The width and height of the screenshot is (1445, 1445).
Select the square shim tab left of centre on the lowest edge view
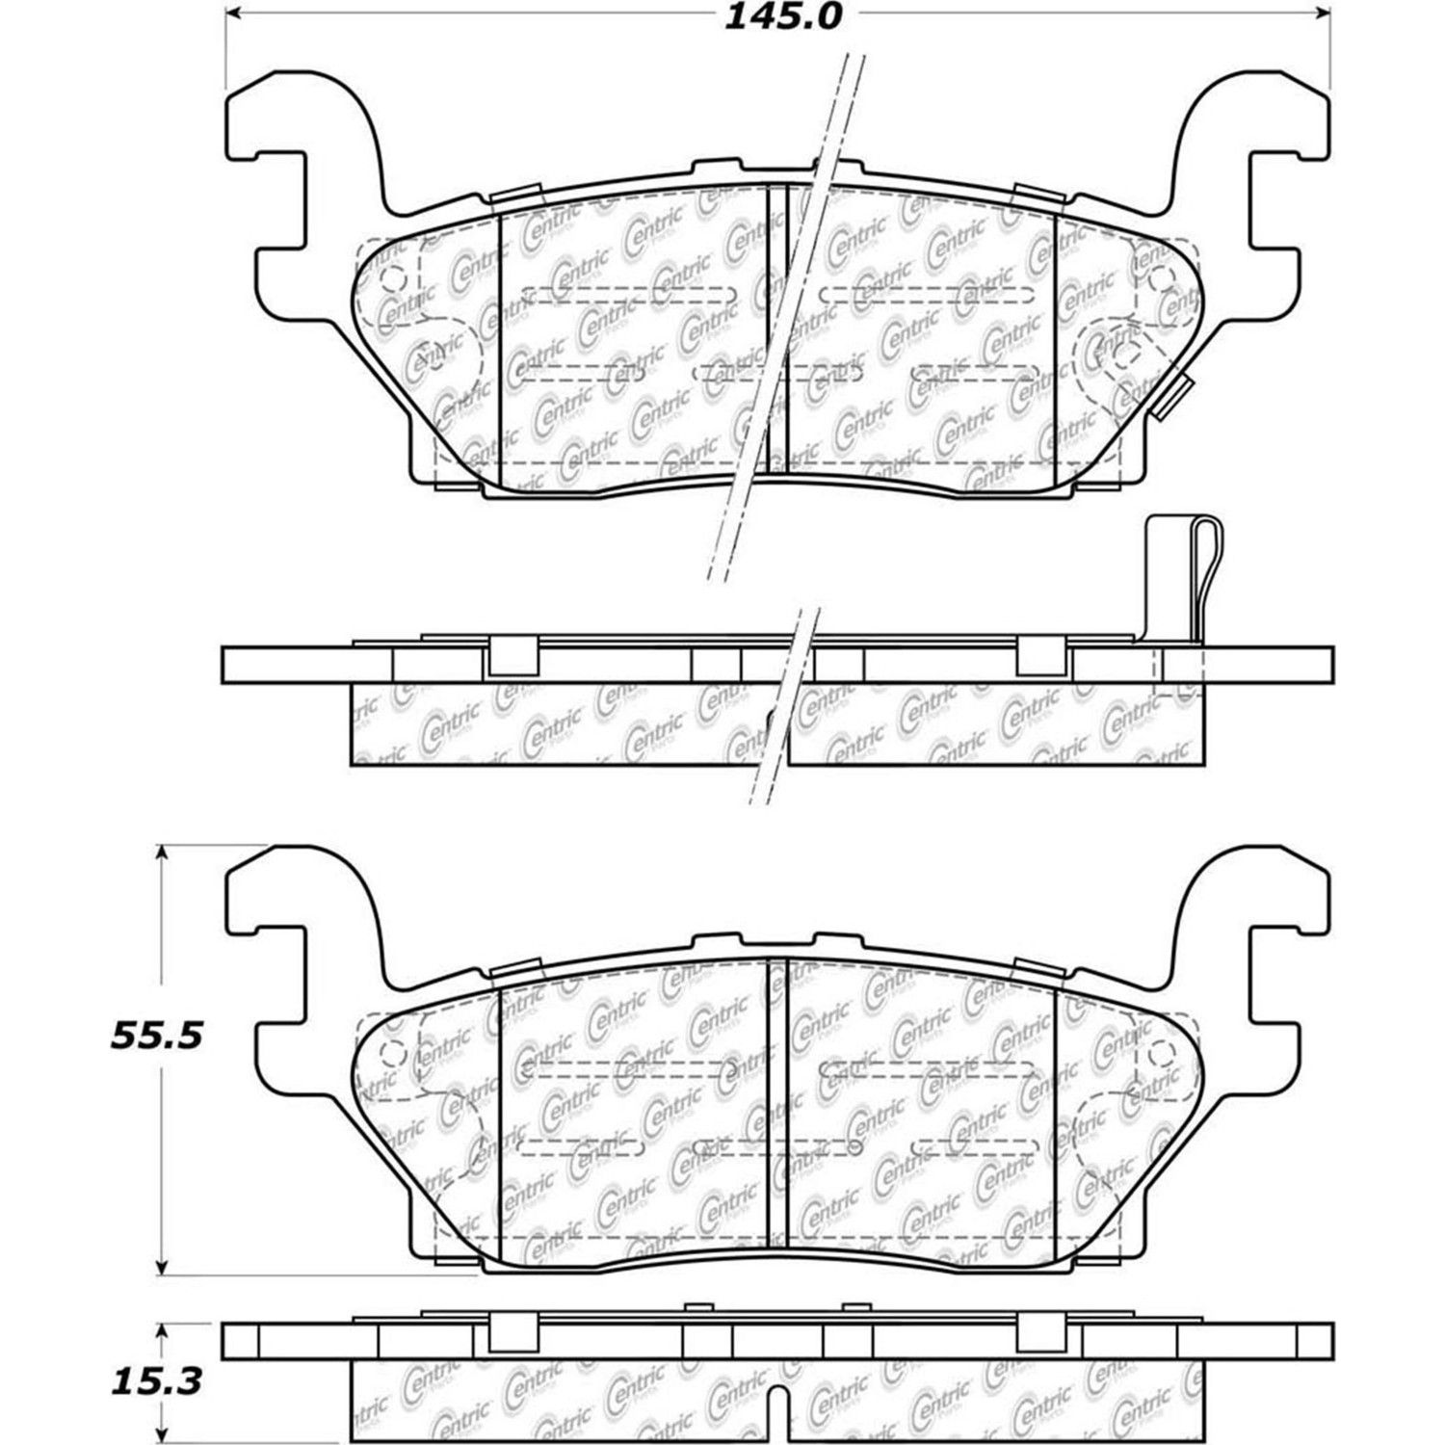tap(512, 1332)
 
